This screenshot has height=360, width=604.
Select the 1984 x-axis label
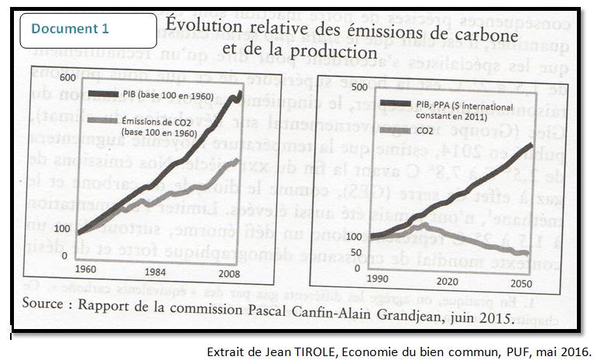coord(156,272)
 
